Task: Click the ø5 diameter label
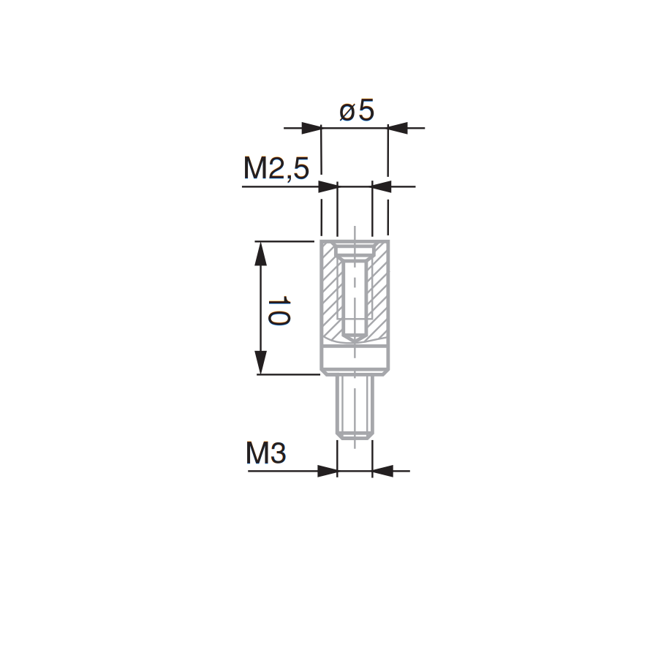pyautogui.click(x=357, y=111)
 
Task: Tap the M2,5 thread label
pyautogui.click(x=276, y=169)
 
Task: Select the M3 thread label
pyautogui.click(x=265, y=453)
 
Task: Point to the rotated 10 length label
pyautogui.click(x=279, y=311)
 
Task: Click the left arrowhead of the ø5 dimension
pyautogui.click(x=311, y=128)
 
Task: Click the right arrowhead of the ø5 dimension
pyautogui.click(x=398, y=128)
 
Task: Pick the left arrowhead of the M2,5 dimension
pyautogui.click(x=328, y=186)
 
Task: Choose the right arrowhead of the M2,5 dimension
pyautogui.click(x=382, y=186)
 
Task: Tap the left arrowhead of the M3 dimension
pyautogui.click(x=328, y=471)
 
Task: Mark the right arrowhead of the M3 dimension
pyautogui.click(x=382, y=471)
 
